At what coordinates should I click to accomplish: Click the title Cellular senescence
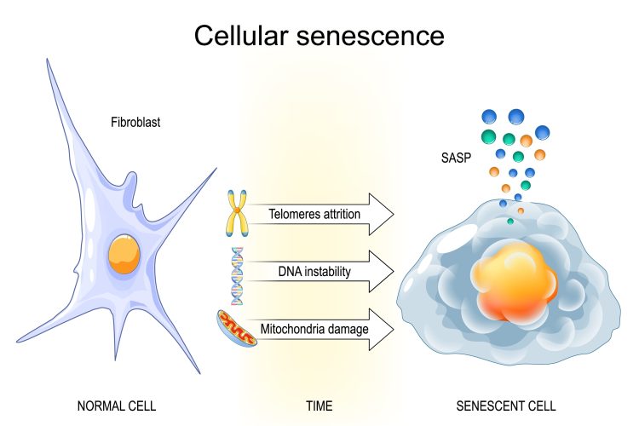pyautogui.click(x=319, y=36)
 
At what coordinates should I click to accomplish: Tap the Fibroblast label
pyautogui.click(x=135, y=123)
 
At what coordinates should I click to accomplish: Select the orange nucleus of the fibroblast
pyautogui.click(x=124, y=253)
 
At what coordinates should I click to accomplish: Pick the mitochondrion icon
pyautogui.click(x=235, y=328)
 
